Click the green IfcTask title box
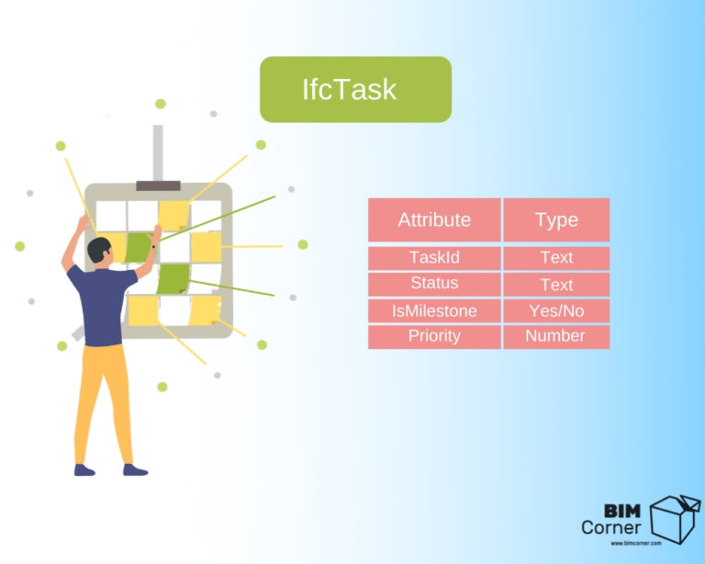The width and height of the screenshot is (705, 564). [355, 89]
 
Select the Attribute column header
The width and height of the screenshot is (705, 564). [434, 220]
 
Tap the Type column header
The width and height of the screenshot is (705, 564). [556, 220]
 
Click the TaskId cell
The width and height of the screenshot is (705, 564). [434, 257]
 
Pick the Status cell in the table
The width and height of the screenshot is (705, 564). [434, 284]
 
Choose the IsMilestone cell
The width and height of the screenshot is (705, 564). [434, 310]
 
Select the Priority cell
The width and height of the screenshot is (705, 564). [434, 336]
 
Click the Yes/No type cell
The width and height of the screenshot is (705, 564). [556, 310]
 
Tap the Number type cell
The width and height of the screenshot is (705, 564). [556, 336]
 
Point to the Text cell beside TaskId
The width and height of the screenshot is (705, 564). [556, 257]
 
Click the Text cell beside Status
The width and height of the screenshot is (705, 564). [556, 284]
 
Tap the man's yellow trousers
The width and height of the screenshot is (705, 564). [103, 395]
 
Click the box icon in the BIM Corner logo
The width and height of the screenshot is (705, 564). [674, 516]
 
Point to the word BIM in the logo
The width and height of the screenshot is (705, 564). [622, 510]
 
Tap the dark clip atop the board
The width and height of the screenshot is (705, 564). [158, 186]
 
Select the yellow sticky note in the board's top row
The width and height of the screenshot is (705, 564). [173, 215]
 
